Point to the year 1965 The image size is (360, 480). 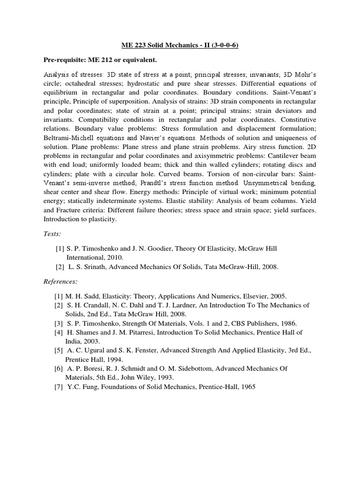247,387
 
